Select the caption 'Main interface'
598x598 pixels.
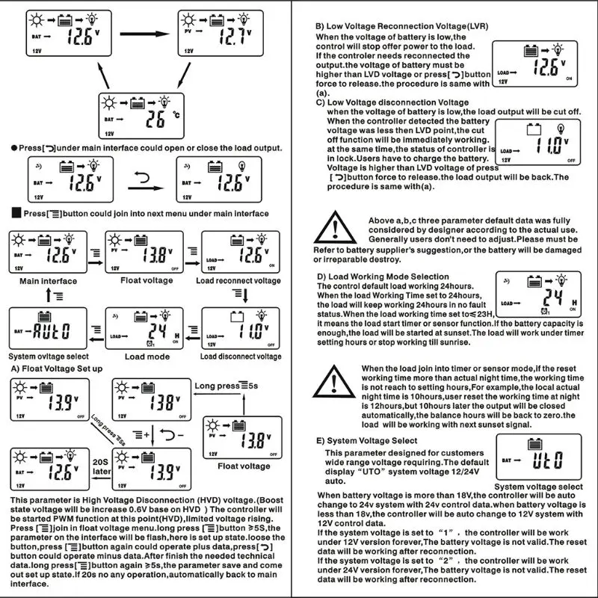click(x=49, y=281)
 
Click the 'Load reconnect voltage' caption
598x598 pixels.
click(x=238, y=281)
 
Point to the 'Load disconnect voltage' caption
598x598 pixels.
click(x=241, y=357)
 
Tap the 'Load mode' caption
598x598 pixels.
click(x=147, y=357)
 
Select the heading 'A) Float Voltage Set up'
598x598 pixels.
click(x=57, y=369)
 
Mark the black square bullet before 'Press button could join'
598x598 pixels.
click(x=16, y=214)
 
